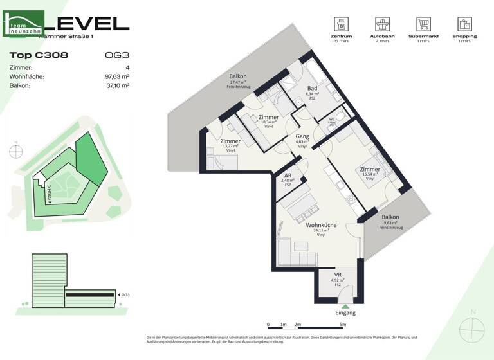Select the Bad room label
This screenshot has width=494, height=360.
pos(312,89)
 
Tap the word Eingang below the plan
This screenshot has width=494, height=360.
pos(345,312)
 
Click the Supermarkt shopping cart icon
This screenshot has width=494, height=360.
pos(423,24)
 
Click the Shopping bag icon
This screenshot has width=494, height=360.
pos(464,24)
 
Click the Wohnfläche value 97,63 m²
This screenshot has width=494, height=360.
pos(116,76)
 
